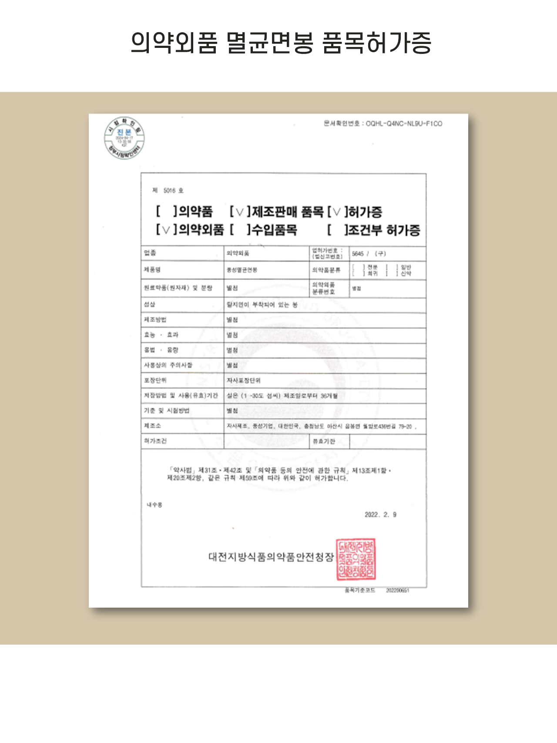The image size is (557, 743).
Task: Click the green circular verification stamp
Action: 124,138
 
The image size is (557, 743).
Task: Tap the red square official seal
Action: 356,559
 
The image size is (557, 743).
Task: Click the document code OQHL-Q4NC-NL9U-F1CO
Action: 404,124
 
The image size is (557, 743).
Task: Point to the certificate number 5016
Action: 169,191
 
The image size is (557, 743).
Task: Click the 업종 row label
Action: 150,253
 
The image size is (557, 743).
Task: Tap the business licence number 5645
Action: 358,254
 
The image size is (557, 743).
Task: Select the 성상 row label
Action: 149,304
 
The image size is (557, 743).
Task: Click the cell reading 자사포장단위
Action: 244,380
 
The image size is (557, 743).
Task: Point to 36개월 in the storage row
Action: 329,396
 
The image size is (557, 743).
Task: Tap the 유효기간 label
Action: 324,441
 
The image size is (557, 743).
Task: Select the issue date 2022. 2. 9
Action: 380,515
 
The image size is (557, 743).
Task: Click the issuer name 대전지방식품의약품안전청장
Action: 271,557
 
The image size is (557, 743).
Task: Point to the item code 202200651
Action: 397,591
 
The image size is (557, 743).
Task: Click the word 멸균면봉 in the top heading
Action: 270,43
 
